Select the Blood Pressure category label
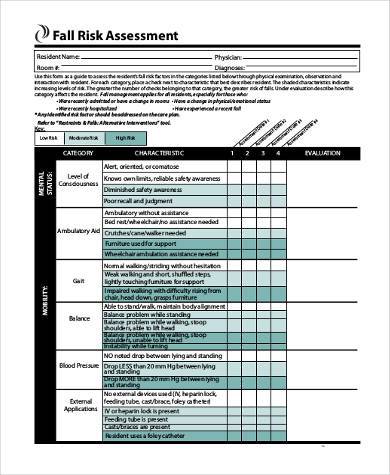[x=77, y=366]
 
